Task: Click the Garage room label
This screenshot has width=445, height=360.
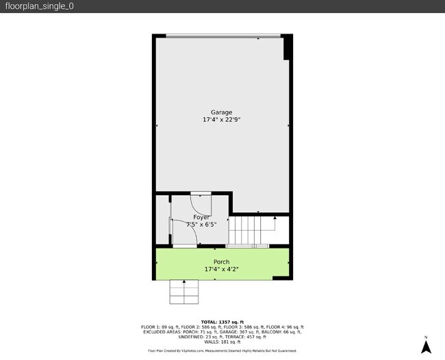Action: click(221, 112)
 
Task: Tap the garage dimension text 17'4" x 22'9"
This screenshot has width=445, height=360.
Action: click(221, 120)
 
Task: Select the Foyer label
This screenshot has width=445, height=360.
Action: click(201, 217)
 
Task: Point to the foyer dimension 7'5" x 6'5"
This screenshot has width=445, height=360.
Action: click(201, 224)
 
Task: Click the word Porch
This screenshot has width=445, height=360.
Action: click(221, 262)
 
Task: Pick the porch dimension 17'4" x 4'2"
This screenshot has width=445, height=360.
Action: click(221, 269)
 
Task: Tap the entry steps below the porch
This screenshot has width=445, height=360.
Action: click(183, 292)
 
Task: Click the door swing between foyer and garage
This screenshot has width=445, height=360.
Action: click(202, 204)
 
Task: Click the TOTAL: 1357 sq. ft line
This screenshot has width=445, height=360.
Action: click(222, 322)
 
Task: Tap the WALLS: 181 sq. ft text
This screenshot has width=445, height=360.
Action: click(222, 342)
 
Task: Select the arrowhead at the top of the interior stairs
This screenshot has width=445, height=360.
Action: click(275, 218)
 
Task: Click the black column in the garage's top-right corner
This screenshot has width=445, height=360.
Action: click(288, 47)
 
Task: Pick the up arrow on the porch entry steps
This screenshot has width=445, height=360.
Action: click(183, 282)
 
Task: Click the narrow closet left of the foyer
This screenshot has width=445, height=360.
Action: click(162, 220)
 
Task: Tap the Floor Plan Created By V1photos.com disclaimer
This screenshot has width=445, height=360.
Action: click(222, 350)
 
